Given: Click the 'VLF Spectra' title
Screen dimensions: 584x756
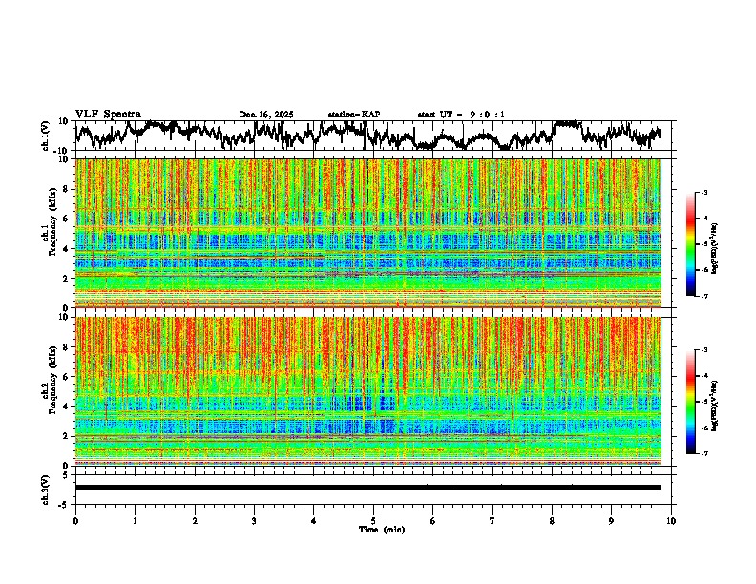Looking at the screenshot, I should pyautogui.click(x=108, y=115).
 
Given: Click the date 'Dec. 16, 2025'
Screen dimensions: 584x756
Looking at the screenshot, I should pyautogui.click(x=268, y=115).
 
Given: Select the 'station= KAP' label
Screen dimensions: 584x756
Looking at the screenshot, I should pyautogui.click(x=354, y=115).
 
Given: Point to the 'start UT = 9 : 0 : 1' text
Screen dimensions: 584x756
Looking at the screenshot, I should pyautogui.click(x=461, y=115).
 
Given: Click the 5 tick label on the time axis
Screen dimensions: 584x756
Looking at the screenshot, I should pyautogui.click(x=373, y=521).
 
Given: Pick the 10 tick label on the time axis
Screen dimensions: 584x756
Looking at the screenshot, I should pyautogui.click(x=671, y=521).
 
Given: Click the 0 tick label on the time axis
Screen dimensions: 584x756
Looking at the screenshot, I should pyautogui.click(x=75, y=521).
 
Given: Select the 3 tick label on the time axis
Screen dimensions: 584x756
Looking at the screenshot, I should pyautogui.click(x=254, y=521).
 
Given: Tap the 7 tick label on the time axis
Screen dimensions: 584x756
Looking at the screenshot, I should pyautogui.click(x=493, y=521).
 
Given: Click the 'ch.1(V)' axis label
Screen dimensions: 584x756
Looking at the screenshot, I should pyautogui.click(x=46, y=136).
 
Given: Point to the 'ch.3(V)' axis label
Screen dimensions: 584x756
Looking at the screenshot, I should pyautogui.click(x=46, y=487).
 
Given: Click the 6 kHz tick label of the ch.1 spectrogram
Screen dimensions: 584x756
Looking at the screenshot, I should pyautogui.click(x=66, y=219).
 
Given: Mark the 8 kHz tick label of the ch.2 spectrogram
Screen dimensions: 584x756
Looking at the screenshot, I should pyautogui.click(x=66, y=346).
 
